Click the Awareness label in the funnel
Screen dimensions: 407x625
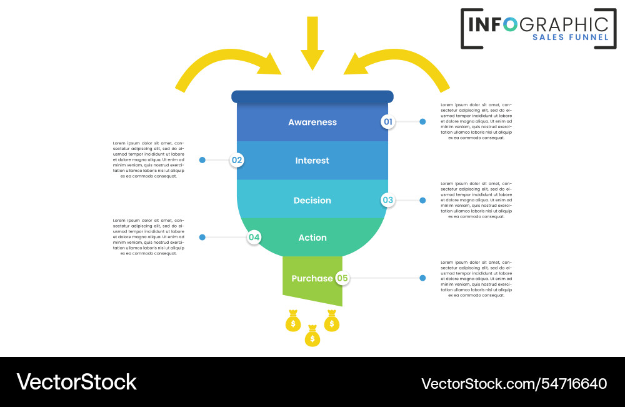click(x=312, y=123)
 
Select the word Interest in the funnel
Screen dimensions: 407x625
click(x=312, y=161)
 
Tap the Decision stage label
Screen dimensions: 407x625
click(x=312, y=201)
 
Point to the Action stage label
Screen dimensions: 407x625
click(x=312, y=238)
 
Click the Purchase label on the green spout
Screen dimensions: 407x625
click(x=312, y=278)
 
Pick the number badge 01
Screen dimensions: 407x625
click(x=389, y=122)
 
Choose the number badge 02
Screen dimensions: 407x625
click(x=237, y=160)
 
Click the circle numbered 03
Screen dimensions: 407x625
click(x=389, y=200)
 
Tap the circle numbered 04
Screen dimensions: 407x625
click(x=254, y=238)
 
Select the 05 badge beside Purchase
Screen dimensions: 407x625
click(x=342, y=278)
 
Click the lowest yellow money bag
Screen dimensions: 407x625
click(x=312, y=338)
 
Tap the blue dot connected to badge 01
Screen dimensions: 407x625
click(x=422, y=122)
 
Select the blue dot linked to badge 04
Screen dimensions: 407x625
click(x=202, y=238)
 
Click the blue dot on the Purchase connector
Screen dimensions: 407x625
click(x=422, y=278)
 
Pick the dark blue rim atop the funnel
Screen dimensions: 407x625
click(x=312, y=96)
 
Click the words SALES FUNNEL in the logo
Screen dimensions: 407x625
click(x=570, y=38)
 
